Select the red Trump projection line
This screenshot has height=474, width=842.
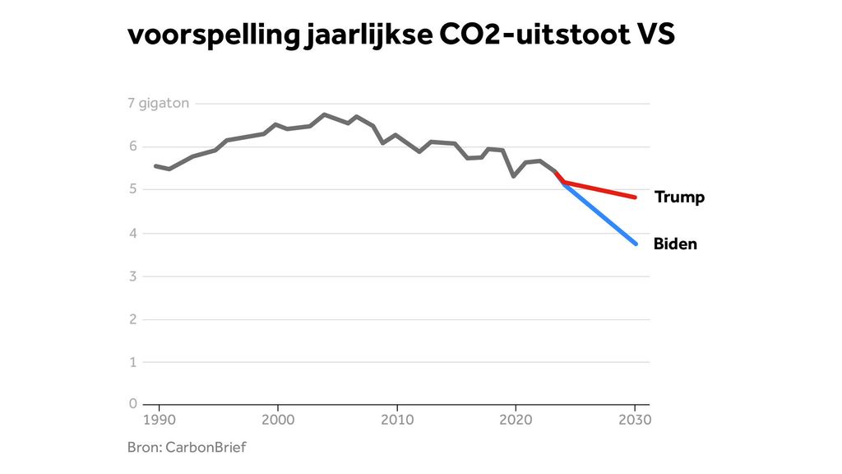pos(600,190)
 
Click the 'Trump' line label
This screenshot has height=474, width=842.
pos(679,197)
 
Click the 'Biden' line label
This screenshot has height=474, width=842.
pos(675,244)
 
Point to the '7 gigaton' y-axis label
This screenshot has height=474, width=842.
pos(159,104)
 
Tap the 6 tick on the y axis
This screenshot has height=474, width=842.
pos(132,146)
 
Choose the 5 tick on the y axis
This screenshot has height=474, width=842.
pos(132,190)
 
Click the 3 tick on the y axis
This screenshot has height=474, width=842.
pos(132,276)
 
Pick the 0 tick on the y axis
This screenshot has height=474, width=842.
pos(132,404)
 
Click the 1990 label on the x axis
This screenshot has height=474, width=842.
pos(159,420)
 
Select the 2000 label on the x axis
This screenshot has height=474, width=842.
pos(278,420)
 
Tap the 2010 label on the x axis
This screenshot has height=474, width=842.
pos(397,420)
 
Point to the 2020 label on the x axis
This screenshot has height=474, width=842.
pos(516,420)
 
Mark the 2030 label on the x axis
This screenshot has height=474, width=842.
pos(635,420)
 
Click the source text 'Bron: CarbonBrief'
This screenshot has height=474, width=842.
pos(187,448)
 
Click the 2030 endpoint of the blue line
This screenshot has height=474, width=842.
pos(635,244)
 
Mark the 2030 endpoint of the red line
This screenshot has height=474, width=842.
pos(635,197)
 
